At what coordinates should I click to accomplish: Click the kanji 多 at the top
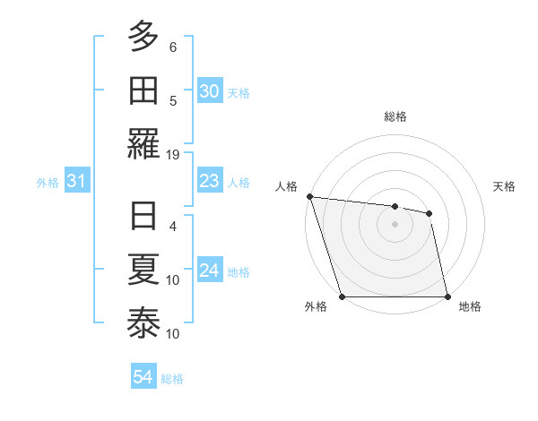click(x=144, y=37)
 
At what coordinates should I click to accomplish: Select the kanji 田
click(x=144, y=90)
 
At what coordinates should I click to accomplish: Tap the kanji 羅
click(x=144, y=142)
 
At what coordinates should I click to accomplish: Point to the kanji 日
click(x=144, y=217)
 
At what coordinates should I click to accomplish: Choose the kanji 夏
click(x=144, y=270)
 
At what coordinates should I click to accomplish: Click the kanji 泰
click(x=144, y=323)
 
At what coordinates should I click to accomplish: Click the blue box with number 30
click(x=209, y=90)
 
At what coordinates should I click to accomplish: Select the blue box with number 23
click(x=209, y=182)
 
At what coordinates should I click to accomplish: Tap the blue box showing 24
click(x=209, y=271)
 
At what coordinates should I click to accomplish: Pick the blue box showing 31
click(x=76, y=182)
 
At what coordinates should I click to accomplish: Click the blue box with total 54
click(x=143, y=377)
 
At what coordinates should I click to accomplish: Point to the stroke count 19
click(x=173, y=155)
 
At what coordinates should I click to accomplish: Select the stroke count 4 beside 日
click(x=173, y=226)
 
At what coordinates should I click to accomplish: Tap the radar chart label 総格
click(x=395, y=116)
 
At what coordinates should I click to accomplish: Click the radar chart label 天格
click(x=505, y=186)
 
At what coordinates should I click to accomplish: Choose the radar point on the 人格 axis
click(x=309, y=196)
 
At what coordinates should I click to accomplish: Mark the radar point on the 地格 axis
click(x=447, y=296)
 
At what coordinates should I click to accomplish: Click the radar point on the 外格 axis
click(x=343, y=296)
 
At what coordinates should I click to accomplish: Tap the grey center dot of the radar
click(x=395, y=224)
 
